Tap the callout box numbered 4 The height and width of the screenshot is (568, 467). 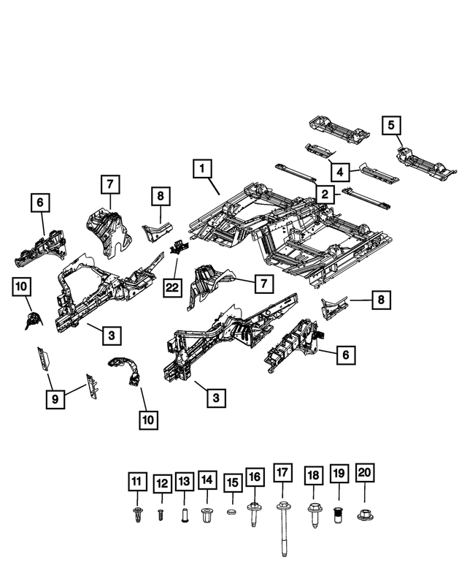(x=339, y=173)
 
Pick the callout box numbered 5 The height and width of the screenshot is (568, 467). (x=392, y=125)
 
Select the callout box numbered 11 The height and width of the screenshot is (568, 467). (x=136, y=482)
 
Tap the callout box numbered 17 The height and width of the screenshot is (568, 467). (x=282, y=473)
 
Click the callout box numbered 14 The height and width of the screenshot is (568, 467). (x=207, y=480)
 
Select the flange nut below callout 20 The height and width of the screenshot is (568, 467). (x=364, y=515)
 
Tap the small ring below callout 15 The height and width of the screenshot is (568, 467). (x=231, y=513)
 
